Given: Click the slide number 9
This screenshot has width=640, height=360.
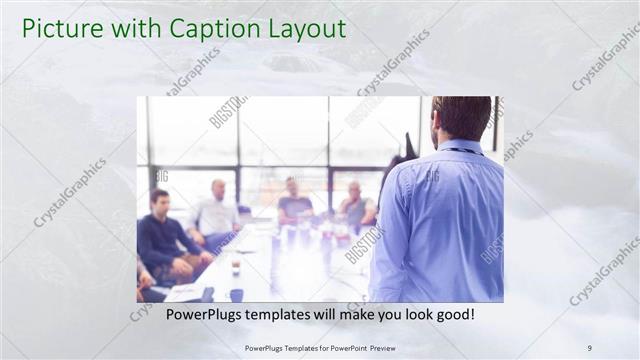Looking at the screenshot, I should [x=589, y=347].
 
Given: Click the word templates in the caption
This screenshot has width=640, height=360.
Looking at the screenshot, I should [x=290, y=315].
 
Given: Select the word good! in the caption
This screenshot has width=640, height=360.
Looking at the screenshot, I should [x=453, y=315].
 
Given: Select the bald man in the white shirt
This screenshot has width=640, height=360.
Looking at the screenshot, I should [x=217, y=210].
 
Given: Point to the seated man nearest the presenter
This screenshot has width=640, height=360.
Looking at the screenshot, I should [x=355, y=205].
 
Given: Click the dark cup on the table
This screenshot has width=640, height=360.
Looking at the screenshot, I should [x=236, y=294].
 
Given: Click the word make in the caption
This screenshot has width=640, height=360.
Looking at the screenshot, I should [x=356, y=315].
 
